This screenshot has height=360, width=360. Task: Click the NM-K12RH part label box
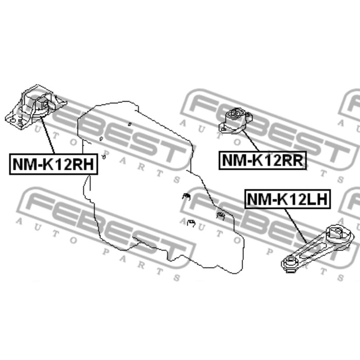[x=53, y=164]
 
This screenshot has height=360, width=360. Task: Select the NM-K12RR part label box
[x=262, y=160]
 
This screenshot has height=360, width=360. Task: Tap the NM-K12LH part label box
[x=287, y=199]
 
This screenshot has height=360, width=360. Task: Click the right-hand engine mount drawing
[x=35, y=107]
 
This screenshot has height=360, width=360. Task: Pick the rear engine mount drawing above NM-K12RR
[x=236, y=120]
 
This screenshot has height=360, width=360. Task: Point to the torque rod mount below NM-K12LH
[x=317, y=248]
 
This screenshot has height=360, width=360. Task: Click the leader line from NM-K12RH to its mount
[x=48, y=135]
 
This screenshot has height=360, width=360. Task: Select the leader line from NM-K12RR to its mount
[x=251, y=140]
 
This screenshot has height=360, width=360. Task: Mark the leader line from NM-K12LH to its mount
[x=296, y=226]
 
